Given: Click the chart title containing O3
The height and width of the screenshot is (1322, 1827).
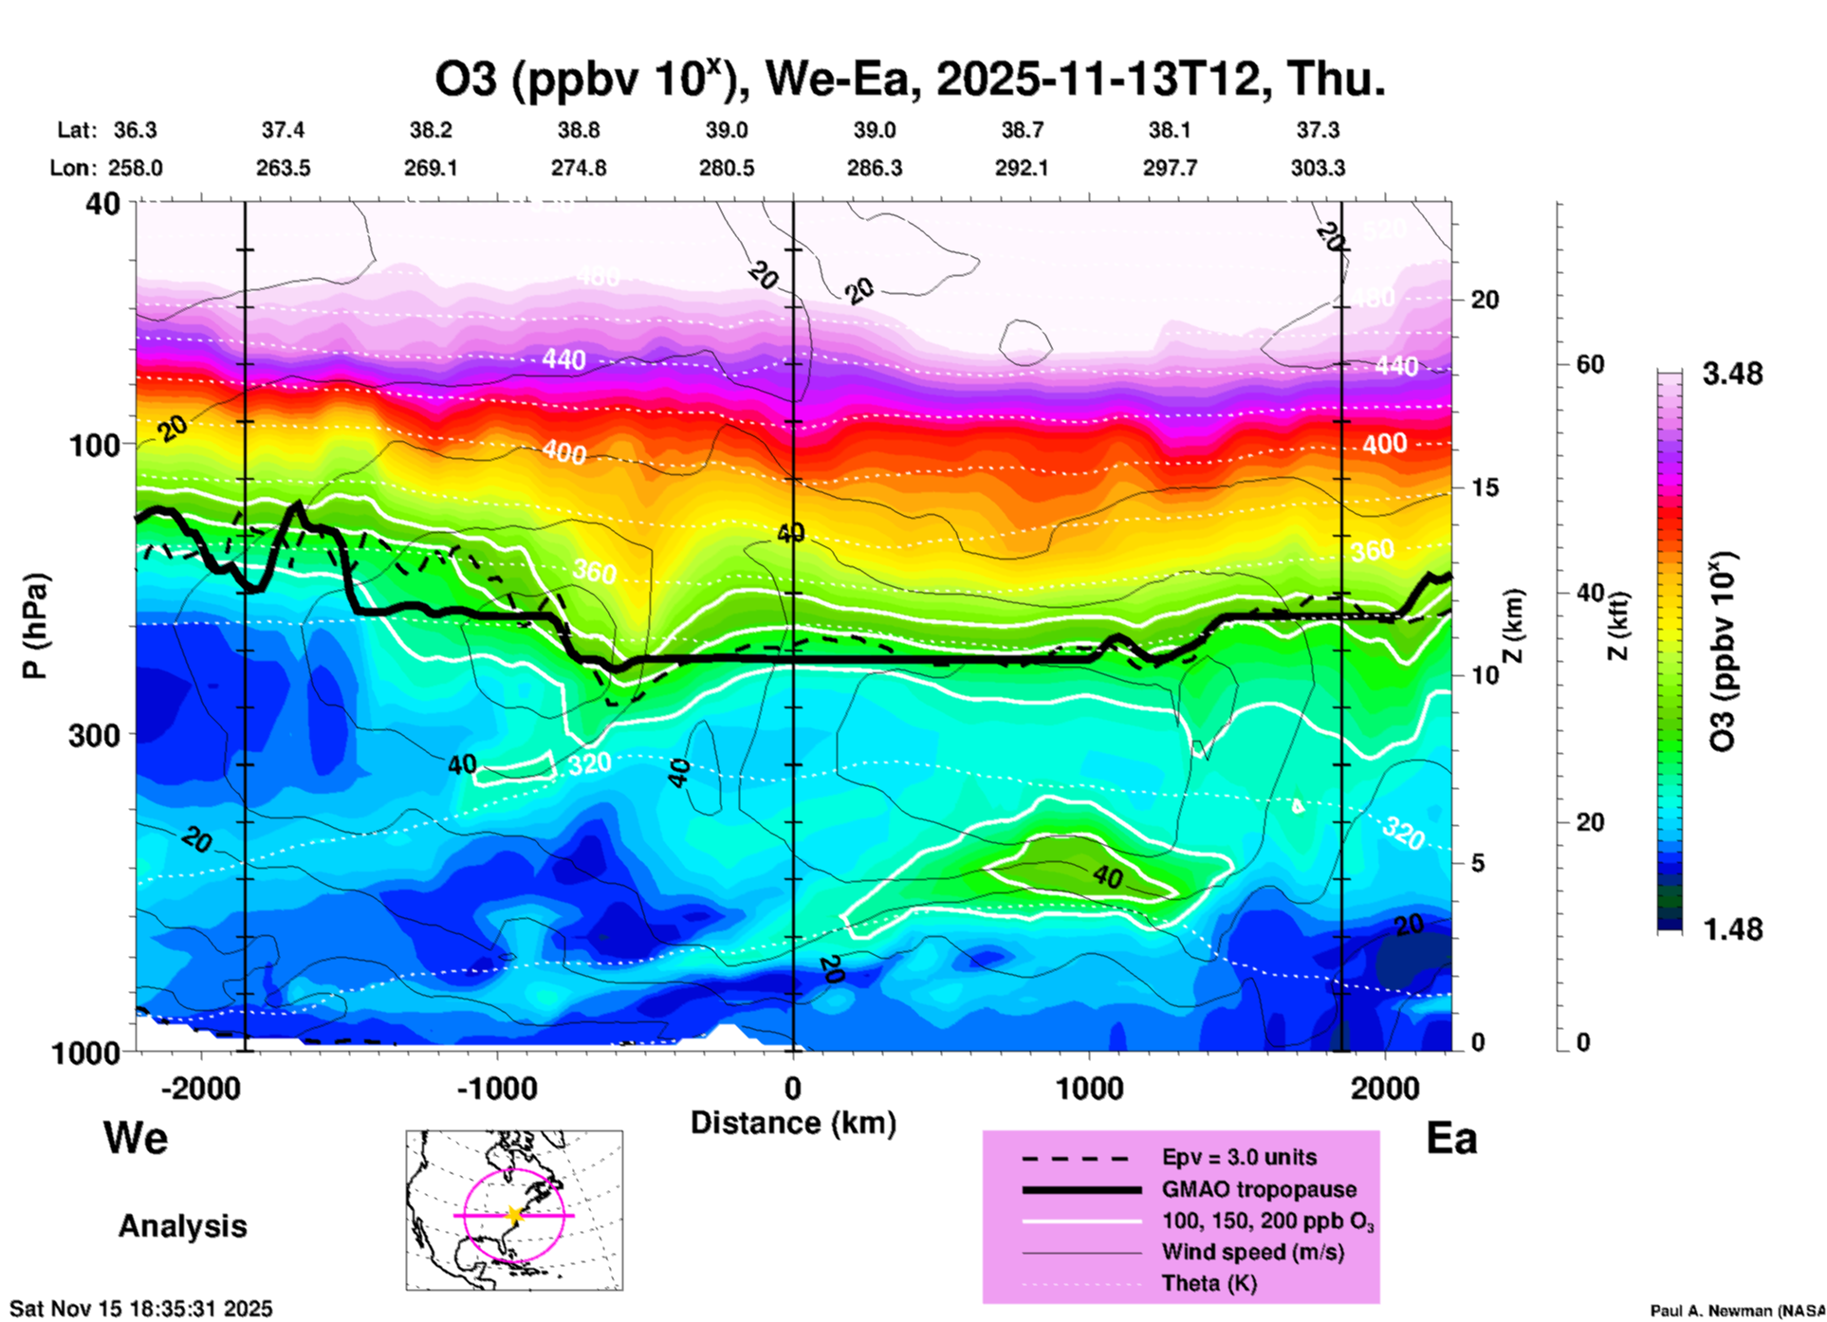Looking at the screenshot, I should [910, 79].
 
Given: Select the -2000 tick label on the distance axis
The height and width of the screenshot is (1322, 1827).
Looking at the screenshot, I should [200, 1088].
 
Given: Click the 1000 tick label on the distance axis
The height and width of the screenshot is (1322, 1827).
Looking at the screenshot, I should [1088, 1088].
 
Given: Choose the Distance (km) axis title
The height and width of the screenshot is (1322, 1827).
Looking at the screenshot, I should [793, 1123].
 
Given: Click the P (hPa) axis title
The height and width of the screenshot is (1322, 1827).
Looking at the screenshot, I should [35, 626].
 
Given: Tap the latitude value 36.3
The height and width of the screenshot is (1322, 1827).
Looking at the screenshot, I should [136, 130].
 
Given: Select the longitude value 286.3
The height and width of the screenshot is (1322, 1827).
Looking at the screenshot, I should [874, 168].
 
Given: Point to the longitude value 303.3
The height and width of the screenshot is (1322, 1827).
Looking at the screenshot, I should [1318, 168].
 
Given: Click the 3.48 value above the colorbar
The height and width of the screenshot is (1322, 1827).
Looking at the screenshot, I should [1732, 375].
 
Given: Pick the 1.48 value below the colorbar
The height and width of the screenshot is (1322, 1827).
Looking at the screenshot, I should [1732, 928].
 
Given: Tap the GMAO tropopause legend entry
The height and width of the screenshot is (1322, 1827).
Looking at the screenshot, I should [1259, 1189].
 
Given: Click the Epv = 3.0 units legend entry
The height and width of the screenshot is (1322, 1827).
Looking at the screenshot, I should [1239, 1158].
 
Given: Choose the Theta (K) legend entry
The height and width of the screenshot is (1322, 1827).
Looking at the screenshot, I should [1209, 1283].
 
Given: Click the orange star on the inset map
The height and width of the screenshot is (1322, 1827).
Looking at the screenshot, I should [514, 1215].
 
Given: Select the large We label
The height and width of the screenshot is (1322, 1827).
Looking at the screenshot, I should [136, 1137].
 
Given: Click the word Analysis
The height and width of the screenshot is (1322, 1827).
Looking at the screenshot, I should [182, 1226].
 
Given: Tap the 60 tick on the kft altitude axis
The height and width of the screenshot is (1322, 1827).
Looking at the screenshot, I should [1590, 364].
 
